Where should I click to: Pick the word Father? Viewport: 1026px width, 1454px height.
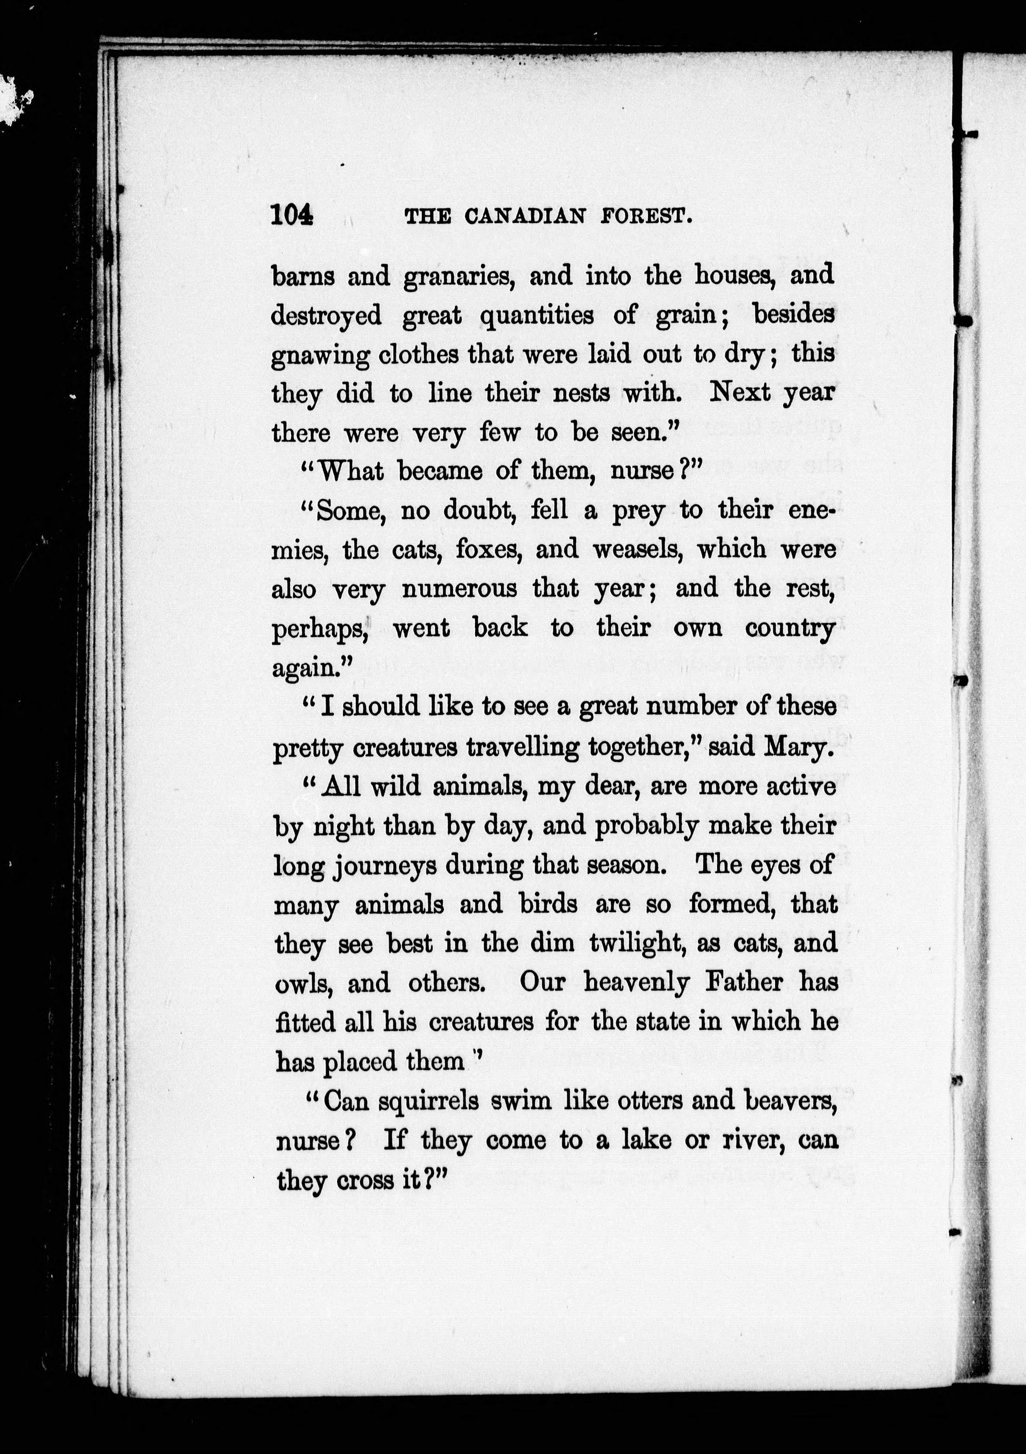[x=737, y=983]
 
